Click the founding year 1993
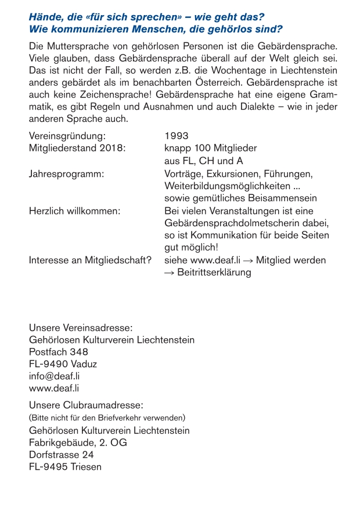pos(177,137)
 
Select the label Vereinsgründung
pos(67,137)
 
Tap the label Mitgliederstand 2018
pos(77,149)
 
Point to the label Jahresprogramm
pos(66,174)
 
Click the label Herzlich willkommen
pos(74,211)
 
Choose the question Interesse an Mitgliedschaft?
pos(90,260)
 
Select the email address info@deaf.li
pos(54,376)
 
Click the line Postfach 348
pos(59,352)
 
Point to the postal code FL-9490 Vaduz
pos(63,364)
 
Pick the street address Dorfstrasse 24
pos(62,455)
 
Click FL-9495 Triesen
pos(65,468)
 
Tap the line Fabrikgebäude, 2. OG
pos(78,443)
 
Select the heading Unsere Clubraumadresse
pos(86,404)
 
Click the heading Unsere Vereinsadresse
pos(81,328)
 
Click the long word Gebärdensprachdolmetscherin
pos(247,223)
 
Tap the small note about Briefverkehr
pos(107,418)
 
